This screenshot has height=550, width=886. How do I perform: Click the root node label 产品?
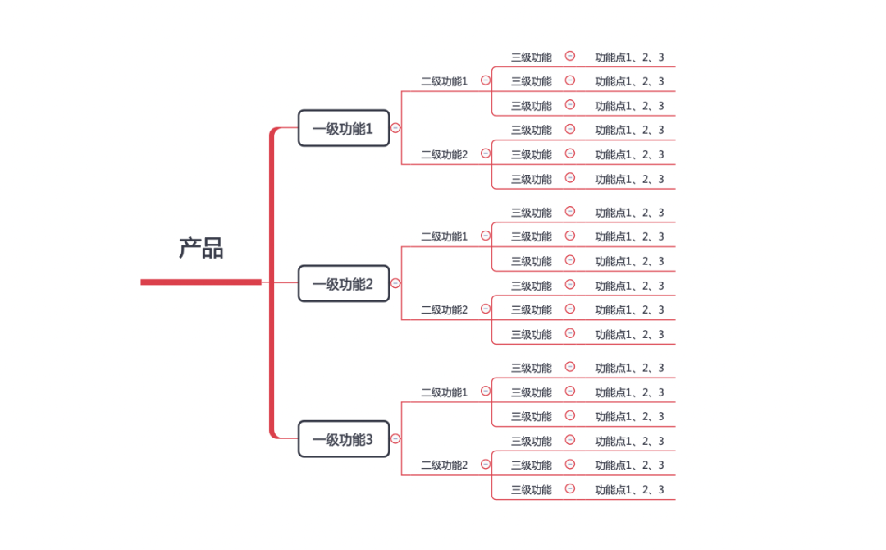coord(201,248)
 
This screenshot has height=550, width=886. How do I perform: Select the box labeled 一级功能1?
coord(343,128)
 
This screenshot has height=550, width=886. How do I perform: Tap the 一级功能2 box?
coord(343,284)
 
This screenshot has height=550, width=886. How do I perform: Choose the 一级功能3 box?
coord(343,439)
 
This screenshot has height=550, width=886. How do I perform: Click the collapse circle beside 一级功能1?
coord(395,128)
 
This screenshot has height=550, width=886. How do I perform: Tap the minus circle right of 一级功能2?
coord(395,283)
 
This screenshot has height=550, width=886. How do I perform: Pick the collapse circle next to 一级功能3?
coord(395,439)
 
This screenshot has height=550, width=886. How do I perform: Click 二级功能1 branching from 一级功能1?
coord(444,81)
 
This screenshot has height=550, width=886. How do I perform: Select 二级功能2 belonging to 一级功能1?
coord(444,154)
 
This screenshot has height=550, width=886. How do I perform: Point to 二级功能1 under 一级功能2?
coord(444,236)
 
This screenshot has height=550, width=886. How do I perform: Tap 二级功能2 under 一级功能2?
coord(444,309)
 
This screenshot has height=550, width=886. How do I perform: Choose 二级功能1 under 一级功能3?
coord(444,392)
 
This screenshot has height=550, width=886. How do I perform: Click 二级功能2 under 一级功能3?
coord(444,465)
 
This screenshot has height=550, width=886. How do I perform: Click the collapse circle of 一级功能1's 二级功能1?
coord(486,80)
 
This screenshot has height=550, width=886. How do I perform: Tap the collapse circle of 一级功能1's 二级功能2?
coord(486,154)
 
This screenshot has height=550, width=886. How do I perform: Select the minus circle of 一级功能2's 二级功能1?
coord(486,236)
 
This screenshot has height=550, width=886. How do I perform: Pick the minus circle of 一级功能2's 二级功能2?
coord(486,309)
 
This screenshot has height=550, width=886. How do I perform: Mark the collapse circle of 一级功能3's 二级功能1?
coord(486,392)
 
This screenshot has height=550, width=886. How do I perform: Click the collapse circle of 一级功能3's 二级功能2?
coord(486,465)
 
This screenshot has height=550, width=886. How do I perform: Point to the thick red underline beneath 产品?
coord(201,282)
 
